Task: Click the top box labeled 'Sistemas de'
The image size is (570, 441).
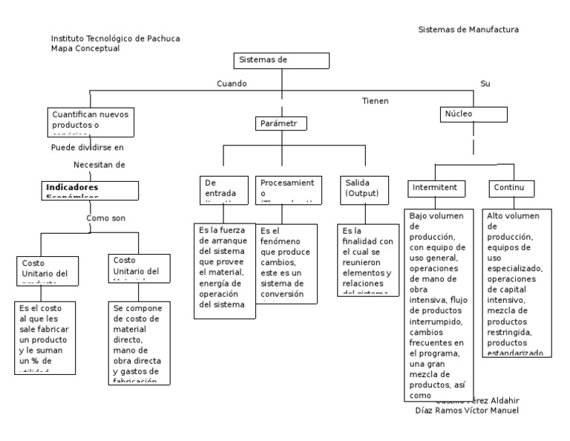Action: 281,61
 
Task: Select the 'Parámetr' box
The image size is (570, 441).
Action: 281,124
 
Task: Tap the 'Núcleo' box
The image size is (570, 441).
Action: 472,114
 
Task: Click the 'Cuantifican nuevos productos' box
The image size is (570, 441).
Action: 91,122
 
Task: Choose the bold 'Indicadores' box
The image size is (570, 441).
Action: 90,190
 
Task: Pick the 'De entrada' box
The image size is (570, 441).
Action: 226,189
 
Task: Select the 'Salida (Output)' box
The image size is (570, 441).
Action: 364,189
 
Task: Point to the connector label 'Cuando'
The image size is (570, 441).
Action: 232,84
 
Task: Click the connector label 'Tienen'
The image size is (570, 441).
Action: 375,101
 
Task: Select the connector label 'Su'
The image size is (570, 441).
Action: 485,84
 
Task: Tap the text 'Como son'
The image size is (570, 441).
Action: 106,219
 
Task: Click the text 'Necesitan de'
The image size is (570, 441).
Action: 99,164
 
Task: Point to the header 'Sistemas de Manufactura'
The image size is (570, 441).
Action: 468,30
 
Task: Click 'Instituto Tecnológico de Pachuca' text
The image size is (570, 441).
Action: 114,38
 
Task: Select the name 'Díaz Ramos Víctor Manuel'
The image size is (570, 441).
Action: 466,411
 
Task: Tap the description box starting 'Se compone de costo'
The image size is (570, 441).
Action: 140,342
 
